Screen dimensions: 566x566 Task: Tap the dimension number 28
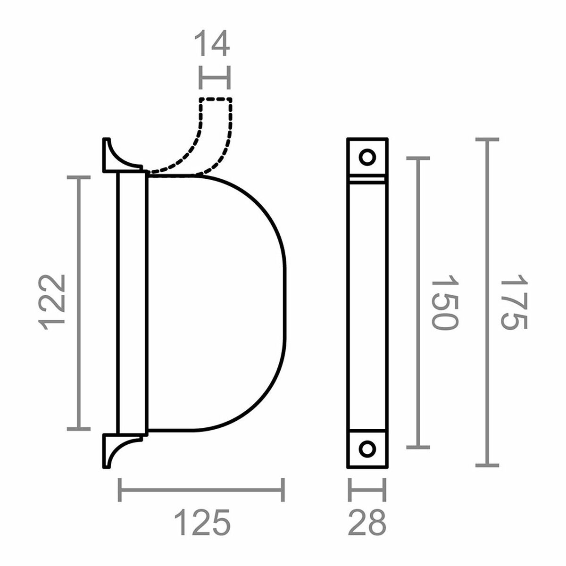point(367,522)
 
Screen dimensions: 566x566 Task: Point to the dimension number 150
point(444,302)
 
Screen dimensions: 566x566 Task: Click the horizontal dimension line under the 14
point(215,78)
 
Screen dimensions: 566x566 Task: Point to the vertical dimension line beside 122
point(79,302)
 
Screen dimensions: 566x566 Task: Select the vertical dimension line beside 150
point(418,302)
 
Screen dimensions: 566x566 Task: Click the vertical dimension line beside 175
point(487,302)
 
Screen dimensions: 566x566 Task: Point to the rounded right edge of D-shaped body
point(284,302)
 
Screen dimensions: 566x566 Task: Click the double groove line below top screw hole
point(367,180)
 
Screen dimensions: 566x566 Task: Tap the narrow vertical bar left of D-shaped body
point(132,302)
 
